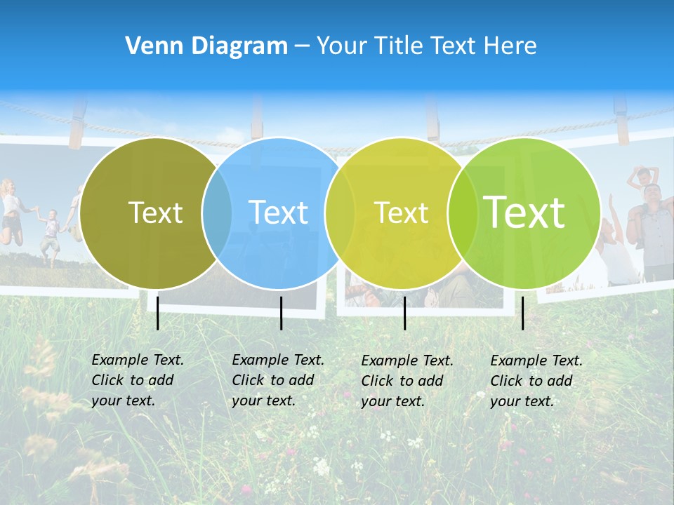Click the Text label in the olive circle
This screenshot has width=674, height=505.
point(155,213)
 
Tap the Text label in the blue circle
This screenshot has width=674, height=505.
point(279,213)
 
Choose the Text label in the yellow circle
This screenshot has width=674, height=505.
point(401,213)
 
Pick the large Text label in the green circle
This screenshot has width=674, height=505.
point(524,212)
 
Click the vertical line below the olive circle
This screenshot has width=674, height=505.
point(158,313)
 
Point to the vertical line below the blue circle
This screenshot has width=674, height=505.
point(281,313)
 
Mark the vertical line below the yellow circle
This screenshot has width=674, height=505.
point(404,313)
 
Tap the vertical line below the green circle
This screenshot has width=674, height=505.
point(523,313)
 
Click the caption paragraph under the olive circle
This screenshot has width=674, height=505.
point(138,380)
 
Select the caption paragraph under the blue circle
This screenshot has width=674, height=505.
point(278,380)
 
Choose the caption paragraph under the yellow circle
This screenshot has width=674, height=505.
point(407,381)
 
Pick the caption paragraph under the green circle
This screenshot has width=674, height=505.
point(536,381)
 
